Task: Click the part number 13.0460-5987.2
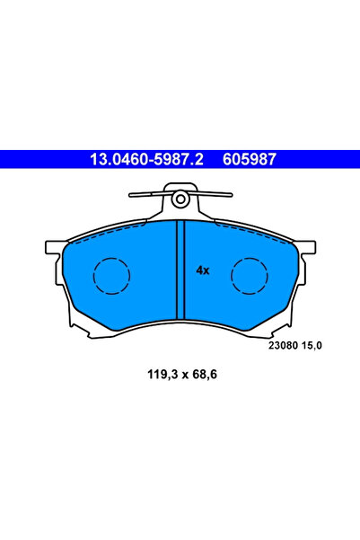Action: [x=146, y=159]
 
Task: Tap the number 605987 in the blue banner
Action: [x=250, y=159]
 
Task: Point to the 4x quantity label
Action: [x=203, y=270]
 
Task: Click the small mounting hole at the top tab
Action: [x=180, y=199]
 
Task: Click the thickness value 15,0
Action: [x=312, y=345]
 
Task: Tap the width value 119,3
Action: [x=162, y=375]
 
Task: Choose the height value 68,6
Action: [x=205, y=375]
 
